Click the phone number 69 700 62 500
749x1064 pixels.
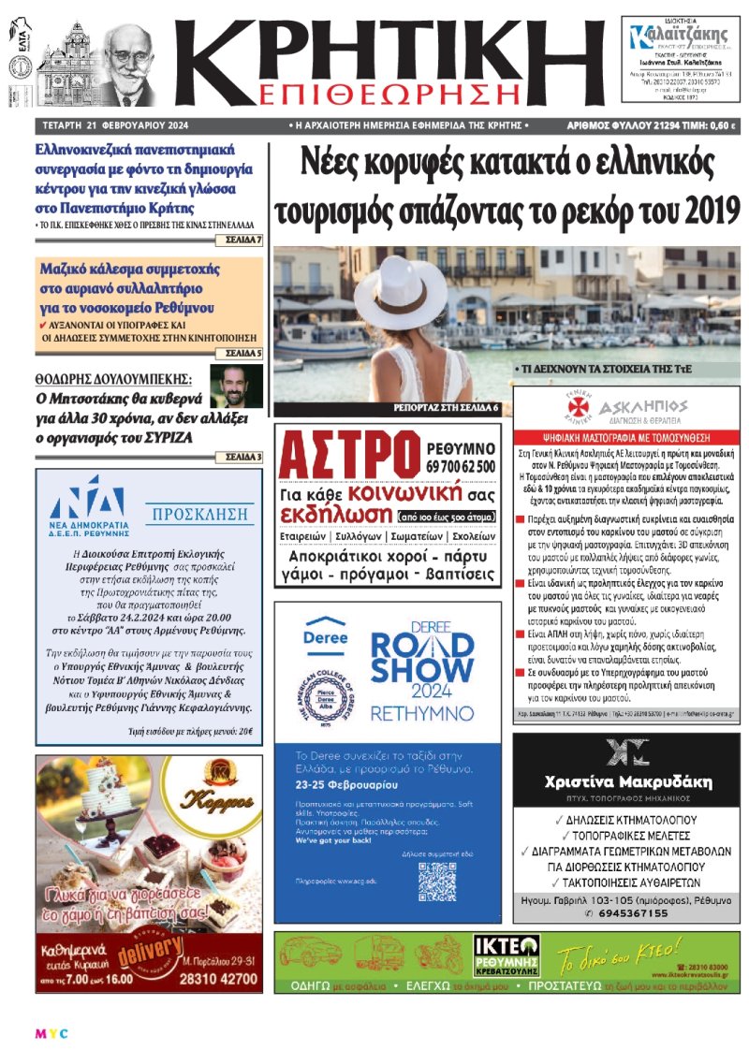coord(465,466)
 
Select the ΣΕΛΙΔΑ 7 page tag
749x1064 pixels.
coord(243,240)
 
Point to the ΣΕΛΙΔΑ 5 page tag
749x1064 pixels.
coord(243,354)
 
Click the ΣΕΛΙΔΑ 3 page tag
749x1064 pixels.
coord(243,457)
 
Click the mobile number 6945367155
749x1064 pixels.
coord(633,913)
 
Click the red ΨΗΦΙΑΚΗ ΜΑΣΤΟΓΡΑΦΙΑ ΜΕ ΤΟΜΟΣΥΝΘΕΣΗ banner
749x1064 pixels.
coord(625,436)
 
